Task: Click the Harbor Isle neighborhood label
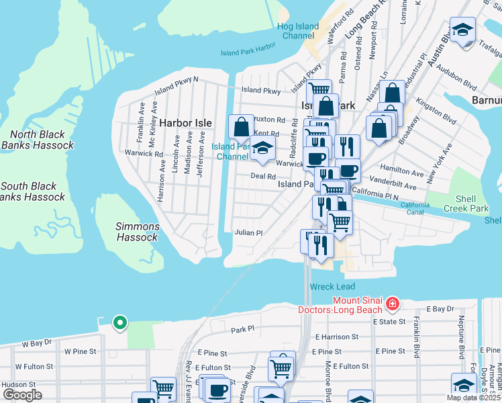click(x=185, y=123)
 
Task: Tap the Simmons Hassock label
click(x=137, y=232)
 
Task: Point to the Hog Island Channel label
click(x=298, y=31)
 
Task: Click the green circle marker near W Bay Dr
click(x=119, y=323)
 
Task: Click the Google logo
click(x=22, y=395)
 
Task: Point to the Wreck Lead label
click(x=327, y=286)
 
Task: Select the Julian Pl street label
click(x=248, y=232)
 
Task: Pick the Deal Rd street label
click(x=263, y=176)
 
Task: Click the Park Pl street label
click(x=243, y=329)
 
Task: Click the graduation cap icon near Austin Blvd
click(x=462, y=30)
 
